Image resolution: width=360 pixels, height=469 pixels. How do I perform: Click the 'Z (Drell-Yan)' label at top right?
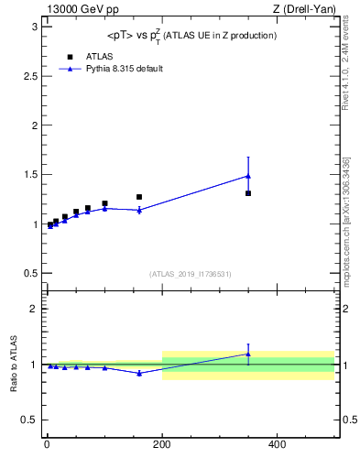306,9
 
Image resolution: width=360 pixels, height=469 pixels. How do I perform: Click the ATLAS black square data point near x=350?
248,193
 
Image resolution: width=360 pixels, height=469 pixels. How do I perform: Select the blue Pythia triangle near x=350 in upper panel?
248,176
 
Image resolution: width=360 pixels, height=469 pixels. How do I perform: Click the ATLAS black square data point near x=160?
139,197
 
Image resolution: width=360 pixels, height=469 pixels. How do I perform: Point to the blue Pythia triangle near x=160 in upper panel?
139,210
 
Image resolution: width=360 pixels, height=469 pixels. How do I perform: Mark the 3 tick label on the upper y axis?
34,27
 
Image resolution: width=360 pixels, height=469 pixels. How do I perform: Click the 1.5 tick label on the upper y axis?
30,174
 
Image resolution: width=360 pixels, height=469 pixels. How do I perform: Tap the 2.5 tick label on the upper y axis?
30,76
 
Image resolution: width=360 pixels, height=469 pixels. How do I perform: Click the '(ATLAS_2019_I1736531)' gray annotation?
191,274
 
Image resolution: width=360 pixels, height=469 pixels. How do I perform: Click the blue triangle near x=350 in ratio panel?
248,354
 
